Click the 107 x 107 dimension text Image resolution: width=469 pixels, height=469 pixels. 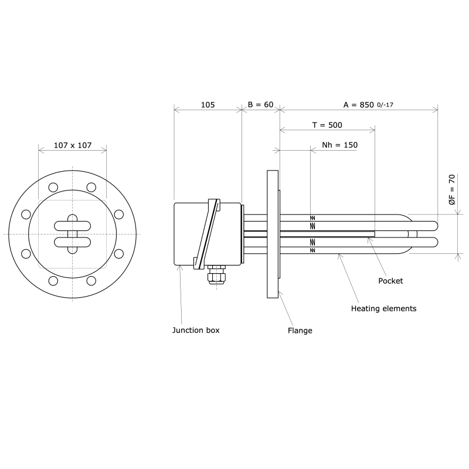[x=73, y=145]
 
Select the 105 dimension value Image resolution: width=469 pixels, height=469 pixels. [x=208, y=104]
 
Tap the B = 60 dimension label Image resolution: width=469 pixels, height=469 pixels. [x=260, y=104]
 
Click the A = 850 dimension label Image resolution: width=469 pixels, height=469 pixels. [x=358, y=104]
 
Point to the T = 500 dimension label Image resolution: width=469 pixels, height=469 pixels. [x=327, y=125]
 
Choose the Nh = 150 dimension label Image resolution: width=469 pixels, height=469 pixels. [x=339, y=145]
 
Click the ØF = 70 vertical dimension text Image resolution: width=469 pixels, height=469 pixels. [x=451, y=189]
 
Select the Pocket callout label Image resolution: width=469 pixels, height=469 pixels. [x=390, y=281]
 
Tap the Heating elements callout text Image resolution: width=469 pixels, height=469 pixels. [x=383, y=308]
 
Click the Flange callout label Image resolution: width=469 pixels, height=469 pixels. [x=300, y=331]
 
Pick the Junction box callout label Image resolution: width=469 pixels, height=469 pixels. [x=195, y=330]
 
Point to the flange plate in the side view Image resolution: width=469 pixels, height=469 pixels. [x=273, y=234]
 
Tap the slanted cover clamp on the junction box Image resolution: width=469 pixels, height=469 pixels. [x=208, y=234]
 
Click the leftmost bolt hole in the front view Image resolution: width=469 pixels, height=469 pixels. [x=26, y=215]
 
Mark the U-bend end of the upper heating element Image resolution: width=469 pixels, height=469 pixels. [x=433, y=226]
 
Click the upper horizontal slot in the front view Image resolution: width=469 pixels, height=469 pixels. [x=73, y=226]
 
